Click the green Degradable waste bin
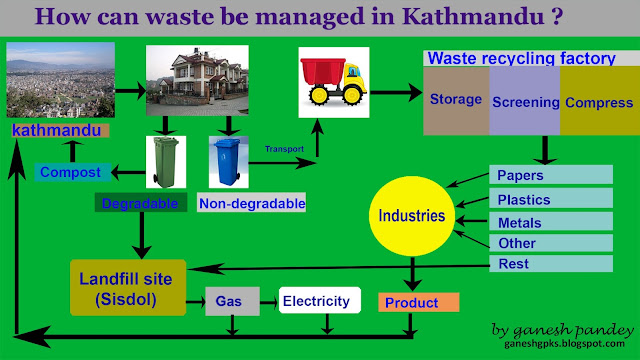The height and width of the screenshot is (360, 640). pyautogui.click(x=166, y=162)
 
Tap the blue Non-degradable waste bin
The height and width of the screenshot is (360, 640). pyautogui.click(x=228, y=162)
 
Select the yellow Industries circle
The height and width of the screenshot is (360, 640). pyautogui.click(x=412, y=216)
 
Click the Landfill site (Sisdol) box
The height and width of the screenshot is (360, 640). pyautogui.click(x=128, y=288)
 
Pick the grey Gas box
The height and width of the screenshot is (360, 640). pyautogui.click(x=232, y=301)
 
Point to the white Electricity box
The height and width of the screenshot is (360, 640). pyautogui.click(x=320, y=300)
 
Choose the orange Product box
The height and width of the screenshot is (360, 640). pyautogui.click(x=419, y=302)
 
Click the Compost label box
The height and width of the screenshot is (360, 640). pyautogui.click(x=72, y=172)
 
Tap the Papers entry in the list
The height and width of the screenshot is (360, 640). pyautogui.click(x=551, y=175)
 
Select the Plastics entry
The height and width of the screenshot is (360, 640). pyautogui.click(x=551, y=199)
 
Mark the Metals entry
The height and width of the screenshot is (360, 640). pyautogui.click(x=551, y=222)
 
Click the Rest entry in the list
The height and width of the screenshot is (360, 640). pyautogui.click(x=551, y=263)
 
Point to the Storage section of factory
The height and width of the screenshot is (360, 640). pyautogui.click(x=456, y=100)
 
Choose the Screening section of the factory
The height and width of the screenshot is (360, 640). pyautogui.click(x=525, y=100)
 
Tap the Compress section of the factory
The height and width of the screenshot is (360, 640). pyautogui.click(x=600, y=100)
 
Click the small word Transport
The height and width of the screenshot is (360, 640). pyautogui.click(x=284, y=149)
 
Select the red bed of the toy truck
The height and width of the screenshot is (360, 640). pyautogui.click(x=323, y=71)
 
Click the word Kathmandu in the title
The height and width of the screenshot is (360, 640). pyautogui.click(x=473, y=16)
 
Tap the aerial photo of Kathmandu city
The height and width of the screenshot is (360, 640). pyautogui.click(x=61, y=80)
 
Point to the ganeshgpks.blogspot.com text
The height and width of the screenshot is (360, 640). pyautogui.click(x=564, y=344)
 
